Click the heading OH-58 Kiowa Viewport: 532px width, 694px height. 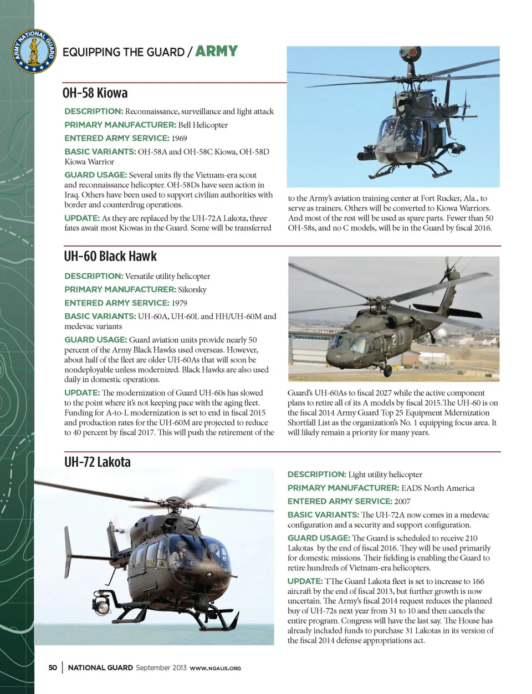click(x=96, y=92)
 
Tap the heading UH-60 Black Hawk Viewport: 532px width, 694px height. click(x=110, y=256)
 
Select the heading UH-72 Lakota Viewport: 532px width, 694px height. click(x=98, y=462)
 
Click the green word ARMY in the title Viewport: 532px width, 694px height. click(x=216, y=52)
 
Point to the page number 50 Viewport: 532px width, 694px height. click(x=53, y=667)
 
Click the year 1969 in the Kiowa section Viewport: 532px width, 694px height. click(x=180, y=138)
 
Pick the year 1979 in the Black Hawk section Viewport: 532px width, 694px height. click(x=180, y=303)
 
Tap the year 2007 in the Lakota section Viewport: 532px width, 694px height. click(x=402, y=501)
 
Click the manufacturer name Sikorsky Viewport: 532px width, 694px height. click(x=192, y=289)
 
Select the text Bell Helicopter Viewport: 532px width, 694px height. click(x=203, y=125)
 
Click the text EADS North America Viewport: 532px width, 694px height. click(x=438, y=488)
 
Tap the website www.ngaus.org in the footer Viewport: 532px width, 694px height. click(x=216, y=668)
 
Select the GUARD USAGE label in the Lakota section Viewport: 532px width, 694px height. click(x=318, y=538)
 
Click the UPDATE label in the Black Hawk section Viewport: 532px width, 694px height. click(x=82, y=392)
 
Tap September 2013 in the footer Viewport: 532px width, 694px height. click(x=161, y=667)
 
